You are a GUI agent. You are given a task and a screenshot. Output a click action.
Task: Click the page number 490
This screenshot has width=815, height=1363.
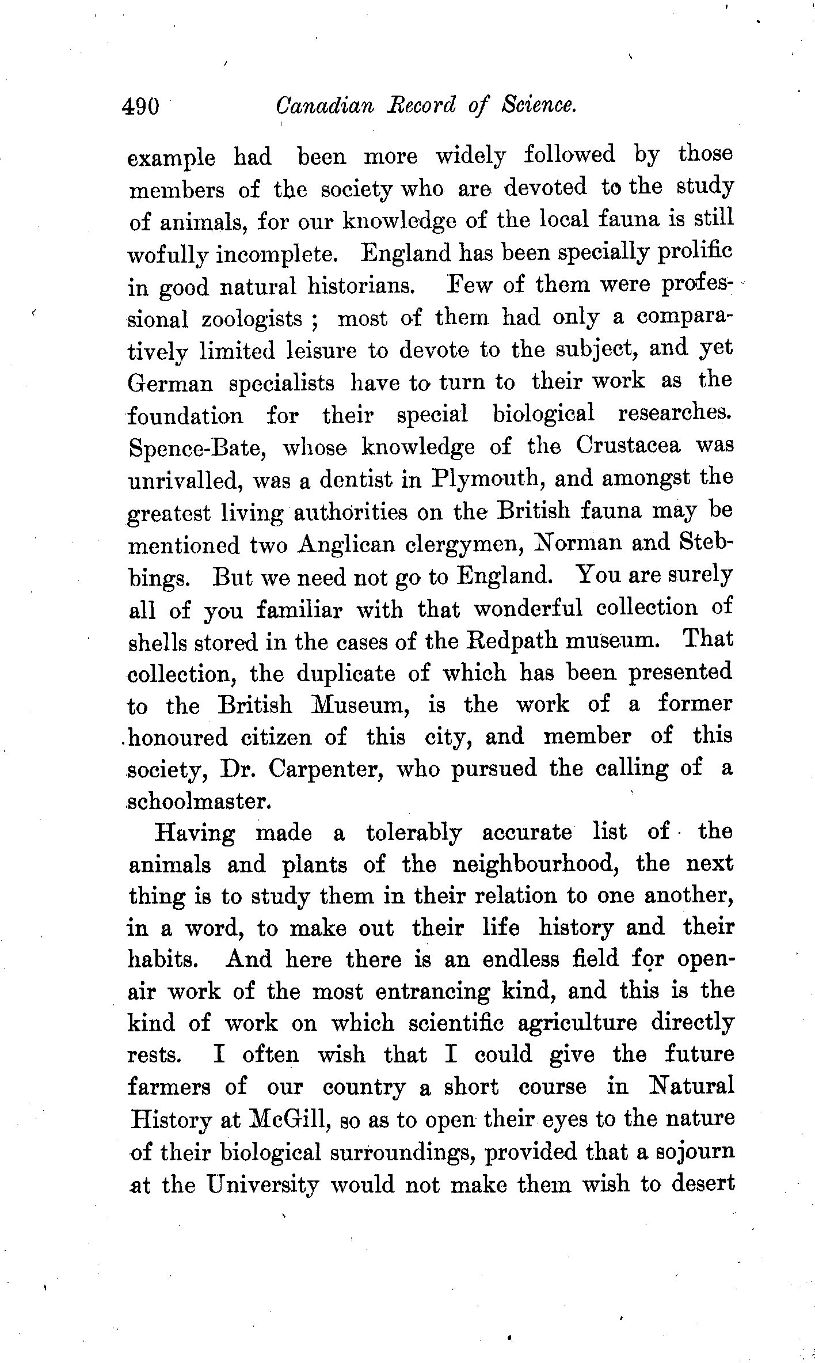pyautogui.click(x=140, y=107)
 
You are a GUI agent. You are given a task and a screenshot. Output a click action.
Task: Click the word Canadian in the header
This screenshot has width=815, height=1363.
pyautogui.click(x=325, y=105)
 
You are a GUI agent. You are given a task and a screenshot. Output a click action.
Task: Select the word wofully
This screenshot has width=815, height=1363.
pyautogui.click(x=167, y=256)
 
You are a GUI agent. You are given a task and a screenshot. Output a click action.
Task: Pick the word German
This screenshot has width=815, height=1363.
pyautogui.click(x=170, y=383)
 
